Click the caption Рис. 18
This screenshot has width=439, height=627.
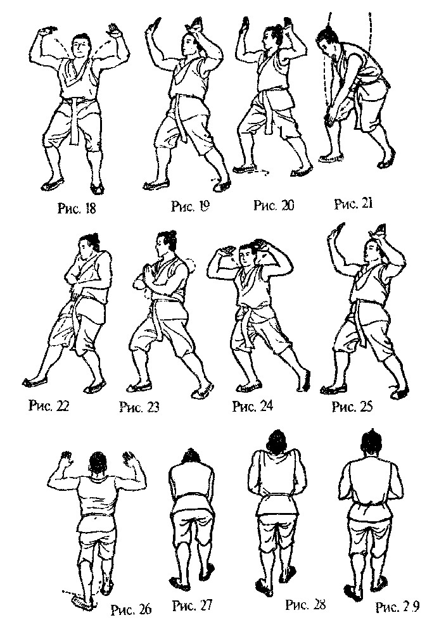click(x=77, y=208)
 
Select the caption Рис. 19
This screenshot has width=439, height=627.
click(x=190, y=206)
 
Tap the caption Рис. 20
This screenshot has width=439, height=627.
click(x=274, y=206)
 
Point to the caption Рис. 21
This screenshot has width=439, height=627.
click(x=353, y=204)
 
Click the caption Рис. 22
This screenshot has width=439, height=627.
click(x=49, y=405)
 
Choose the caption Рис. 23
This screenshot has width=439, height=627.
click(x=139, y=407)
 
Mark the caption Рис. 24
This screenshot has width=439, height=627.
click(x=253, y=406)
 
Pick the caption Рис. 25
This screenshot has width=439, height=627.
click(x=352, y=407)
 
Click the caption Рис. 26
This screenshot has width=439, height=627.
click(x=131, y=610)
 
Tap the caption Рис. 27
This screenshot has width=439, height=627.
click(x=193, y=605)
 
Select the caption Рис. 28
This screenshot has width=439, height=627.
click(x=305, y=605)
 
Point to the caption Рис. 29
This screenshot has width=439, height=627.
click(x=397, y=607)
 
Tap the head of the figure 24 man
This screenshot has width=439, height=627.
click(x=247, y=255)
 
